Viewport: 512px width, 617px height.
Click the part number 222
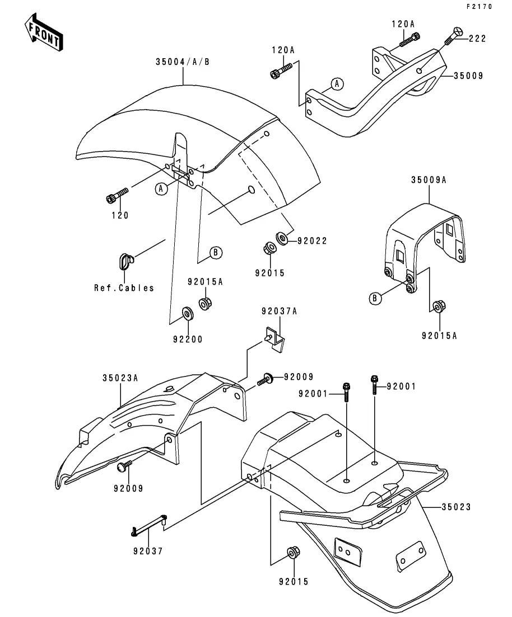point(477,39)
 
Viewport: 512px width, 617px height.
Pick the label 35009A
point(429,181)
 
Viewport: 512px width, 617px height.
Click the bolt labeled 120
point(117,196)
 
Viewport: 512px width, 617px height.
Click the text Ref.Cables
point(124,288)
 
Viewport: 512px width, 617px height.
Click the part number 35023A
point(120,378)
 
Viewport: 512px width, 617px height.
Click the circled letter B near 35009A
point(375,298)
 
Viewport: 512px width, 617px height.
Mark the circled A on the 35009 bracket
point(337,84)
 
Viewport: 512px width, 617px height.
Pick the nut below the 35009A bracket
point(438,307)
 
